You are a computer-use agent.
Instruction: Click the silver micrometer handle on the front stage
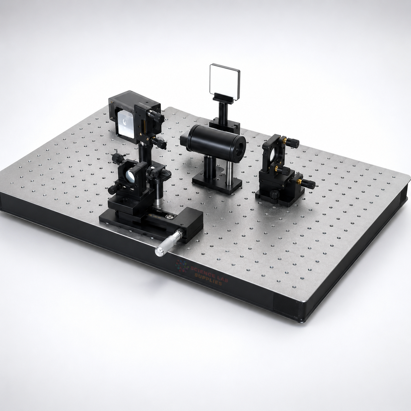coord(168,244)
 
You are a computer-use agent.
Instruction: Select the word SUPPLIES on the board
coord(208,279)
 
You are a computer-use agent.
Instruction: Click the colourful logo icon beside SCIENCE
coord(182,266)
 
